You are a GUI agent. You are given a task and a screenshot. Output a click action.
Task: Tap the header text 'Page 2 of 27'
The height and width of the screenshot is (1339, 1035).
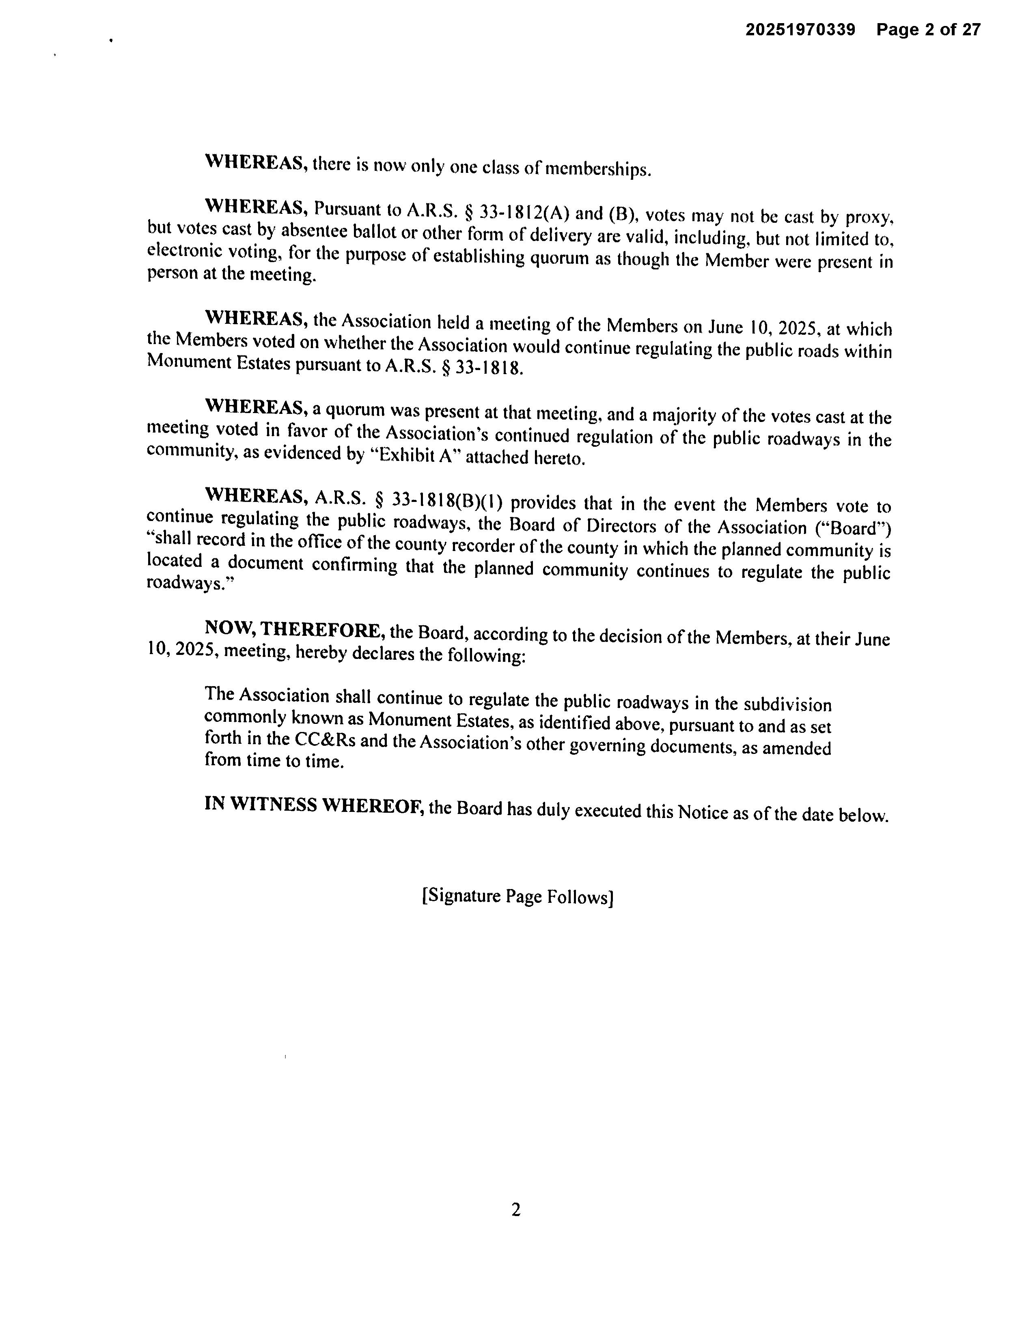tap(928, 30)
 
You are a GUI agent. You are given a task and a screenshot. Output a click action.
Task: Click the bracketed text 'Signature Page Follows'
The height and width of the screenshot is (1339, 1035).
tap(517, 896)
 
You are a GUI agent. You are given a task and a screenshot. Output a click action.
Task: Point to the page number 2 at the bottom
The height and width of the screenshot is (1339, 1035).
tap(515, 1210)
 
